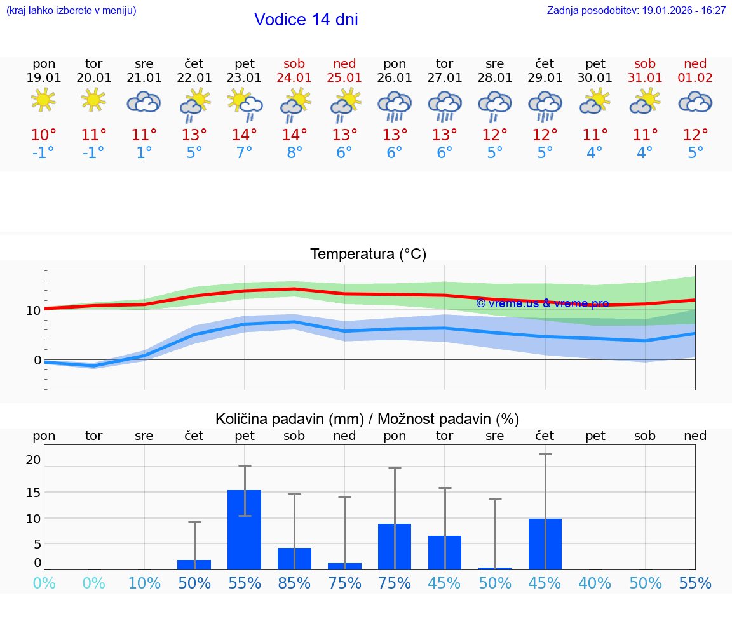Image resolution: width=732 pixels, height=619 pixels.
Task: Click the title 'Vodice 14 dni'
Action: coord(306,20)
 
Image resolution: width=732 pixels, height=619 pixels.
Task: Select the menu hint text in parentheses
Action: coord(71,11)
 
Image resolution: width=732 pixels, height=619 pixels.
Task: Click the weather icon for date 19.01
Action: coord(43,100)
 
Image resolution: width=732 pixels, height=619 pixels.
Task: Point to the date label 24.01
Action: coord(294,78)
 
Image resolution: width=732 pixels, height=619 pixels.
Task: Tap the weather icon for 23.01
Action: coord(245,103)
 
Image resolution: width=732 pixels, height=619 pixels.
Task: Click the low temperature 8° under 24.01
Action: coord(294,153)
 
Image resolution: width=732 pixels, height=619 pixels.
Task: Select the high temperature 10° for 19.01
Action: coord(43,135)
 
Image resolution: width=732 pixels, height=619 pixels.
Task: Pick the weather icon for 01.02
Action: coord(695,102)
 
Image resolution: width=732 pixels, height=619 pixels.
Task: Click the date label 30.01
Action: coord(595,78)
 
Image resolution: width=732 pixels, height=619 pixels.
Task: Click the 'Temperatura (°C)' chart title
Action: coord(368,255)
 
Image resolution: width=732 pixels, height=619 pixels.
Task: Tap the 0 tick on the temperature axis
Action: coord(37,360)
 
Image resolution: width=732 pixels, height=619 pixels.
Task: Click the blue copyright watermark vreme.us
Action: coord(542,303)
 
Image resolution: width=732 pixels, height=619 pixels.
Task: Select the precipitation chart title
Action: coord(367,419)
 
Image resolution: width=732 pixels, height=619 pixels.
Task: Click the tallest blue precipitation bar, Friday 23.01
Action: coord(245,530)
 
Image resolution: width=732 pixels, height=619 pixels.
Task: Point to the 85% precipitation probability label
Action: coord(294,583)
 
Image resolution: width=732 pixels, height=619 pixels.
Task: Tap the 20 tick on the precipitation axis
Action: coord(33,460)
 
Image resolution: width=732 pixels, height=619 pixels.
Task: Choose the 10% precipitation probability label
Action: coord(144,583)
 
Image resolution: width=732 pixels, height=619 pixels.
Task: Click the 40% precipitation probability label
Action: coord(595,583)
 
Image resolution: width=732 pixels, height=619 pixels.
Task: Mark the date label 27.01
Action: coord(444,78)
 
